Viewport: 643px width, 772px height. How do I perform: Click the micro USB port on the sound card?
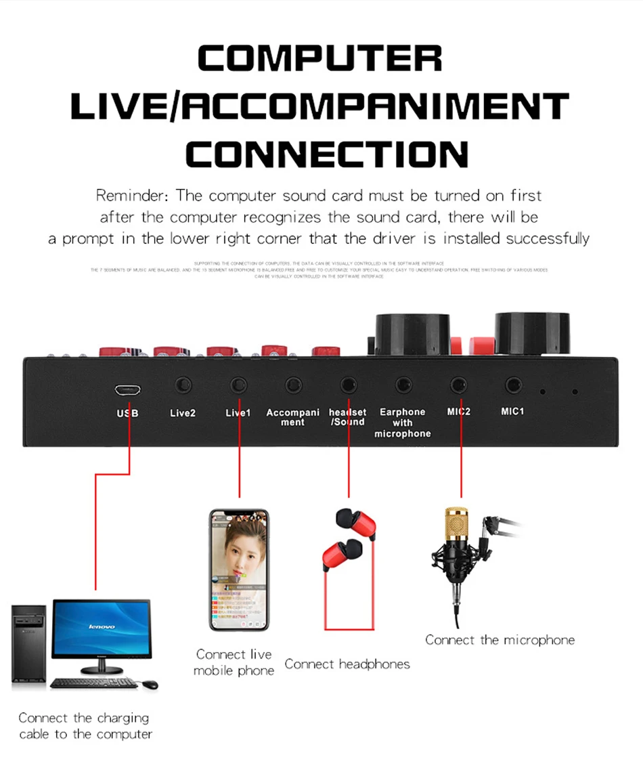tap(127, 390)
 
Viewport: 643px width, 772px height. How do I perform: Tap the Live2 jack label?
tap(183, 412)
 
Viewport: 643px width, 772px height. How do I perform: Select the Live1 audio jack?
tap(238, 385)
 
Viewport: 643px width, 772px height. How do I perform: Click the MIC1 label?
tap(512, 411)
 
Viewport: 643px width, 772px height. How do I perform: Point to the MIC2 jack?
tap(459, 385)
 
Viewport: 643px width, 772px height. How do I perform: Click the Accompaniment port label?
tap(293, 417)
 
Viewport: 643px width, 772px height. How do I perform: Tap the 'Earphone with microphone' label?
tap(403, 423)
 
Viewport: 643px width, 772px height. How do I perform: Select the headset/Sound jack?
tap(348, 385)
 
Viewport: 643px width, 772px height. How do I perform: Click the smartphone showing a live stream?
tap(238, 570)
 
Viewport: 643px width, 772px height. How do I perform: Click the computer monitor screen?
tap(102, 627)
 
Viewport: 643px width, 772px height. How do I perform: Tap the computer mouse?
tap(150, 685)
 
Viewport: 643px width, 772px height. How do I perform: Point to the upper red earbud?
tap(355, 523)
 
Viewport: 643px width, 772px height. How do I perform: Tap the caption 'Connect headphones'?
tap(347, 664)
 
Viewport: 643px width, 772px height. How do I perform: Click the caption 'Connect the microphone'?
tap(500, 640)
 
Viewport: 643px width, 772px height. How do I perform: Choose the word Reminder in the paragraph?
tap(132, 196)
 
